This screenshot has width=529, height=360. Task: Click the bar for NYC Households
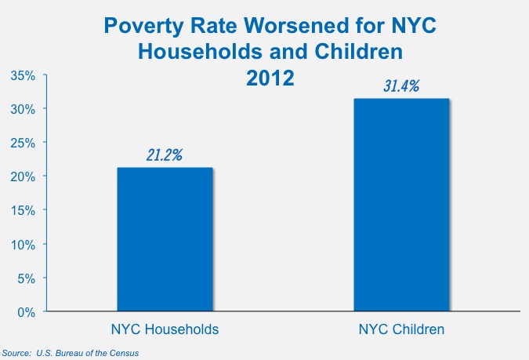[165, 239]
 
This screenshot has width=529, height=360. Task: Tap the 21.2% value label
[165, 155]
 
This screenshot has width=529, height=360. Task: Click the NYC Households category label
[165, 329]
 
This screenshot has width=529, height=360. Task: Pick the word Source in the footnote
[16, 354]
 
